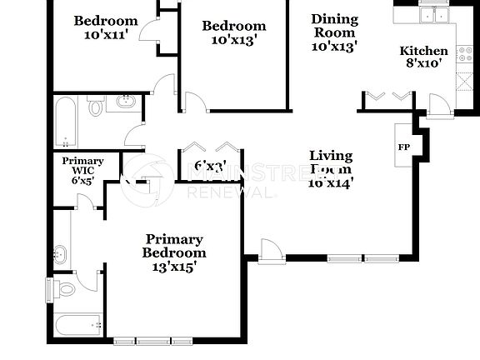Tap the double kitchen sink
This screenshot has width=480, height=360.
click(x=433, y=14)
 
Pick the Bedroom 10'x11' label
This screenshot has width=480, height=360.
click(x=105, y=27)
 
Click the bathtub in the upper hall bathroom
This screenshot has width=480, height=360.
click(x=64, y=120)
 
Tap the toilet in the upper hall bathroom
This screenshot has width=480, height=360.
click(x=96, y=107)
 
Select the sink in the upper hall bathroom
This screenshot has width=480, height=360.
click(x=125, y=103)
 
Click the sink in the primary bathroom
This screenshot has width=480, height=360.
click(x=61, y=253)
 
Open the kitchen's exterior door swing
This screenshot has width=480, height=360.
click(x=437, y=106)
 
